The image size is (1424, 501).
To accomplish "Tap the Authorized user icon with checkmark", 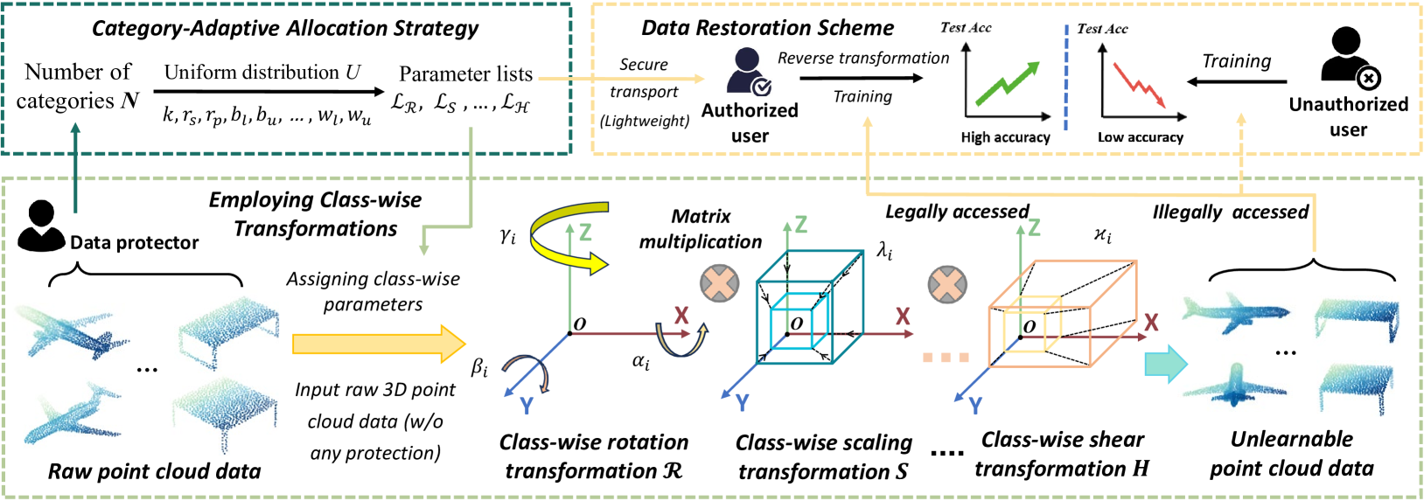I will pyautogui.click(x=749, y=72).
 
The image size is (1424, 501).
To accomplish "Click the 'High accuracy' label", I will pyautogui.click(x=1005, y=137).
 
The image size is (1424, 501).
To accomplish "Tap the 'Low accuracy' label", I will pyautogui.click(x=1140, y=137).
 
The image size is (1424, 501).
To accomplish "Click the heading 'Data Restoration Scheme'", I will pyautogui.click(x=767, y=28).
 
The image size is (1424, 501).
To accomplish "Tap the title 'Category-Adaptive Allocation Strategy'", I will pyautogui.click(x=285, y=28).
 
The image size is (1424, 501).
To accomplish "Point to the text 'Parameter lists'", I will pyautogui.click(x=465, y=73).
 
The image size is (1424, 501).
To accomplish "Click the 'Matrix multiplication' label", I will pyautogui.click(x=700, y=228).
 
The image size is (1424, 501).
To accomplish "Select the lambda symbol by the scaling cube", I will pyautogui.click(x=884, y=252).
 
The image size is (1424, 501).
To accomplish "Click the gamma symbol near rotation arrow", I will pyautogui.click(x=507, y=236).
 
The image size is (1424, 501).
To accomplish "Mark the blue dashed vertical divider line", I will pyautogui.click(x=1066, y=77).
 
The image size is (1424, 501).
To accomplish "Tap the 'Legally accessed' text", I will pyautogui.click(x=957, y=212).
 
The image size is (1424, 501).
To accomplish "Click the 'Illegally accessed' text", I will pyautogui.click(x=1230, y=212).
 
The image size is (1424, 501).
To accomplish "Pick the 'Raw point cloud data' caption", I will pyautogui.click(x=154, y=471).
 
